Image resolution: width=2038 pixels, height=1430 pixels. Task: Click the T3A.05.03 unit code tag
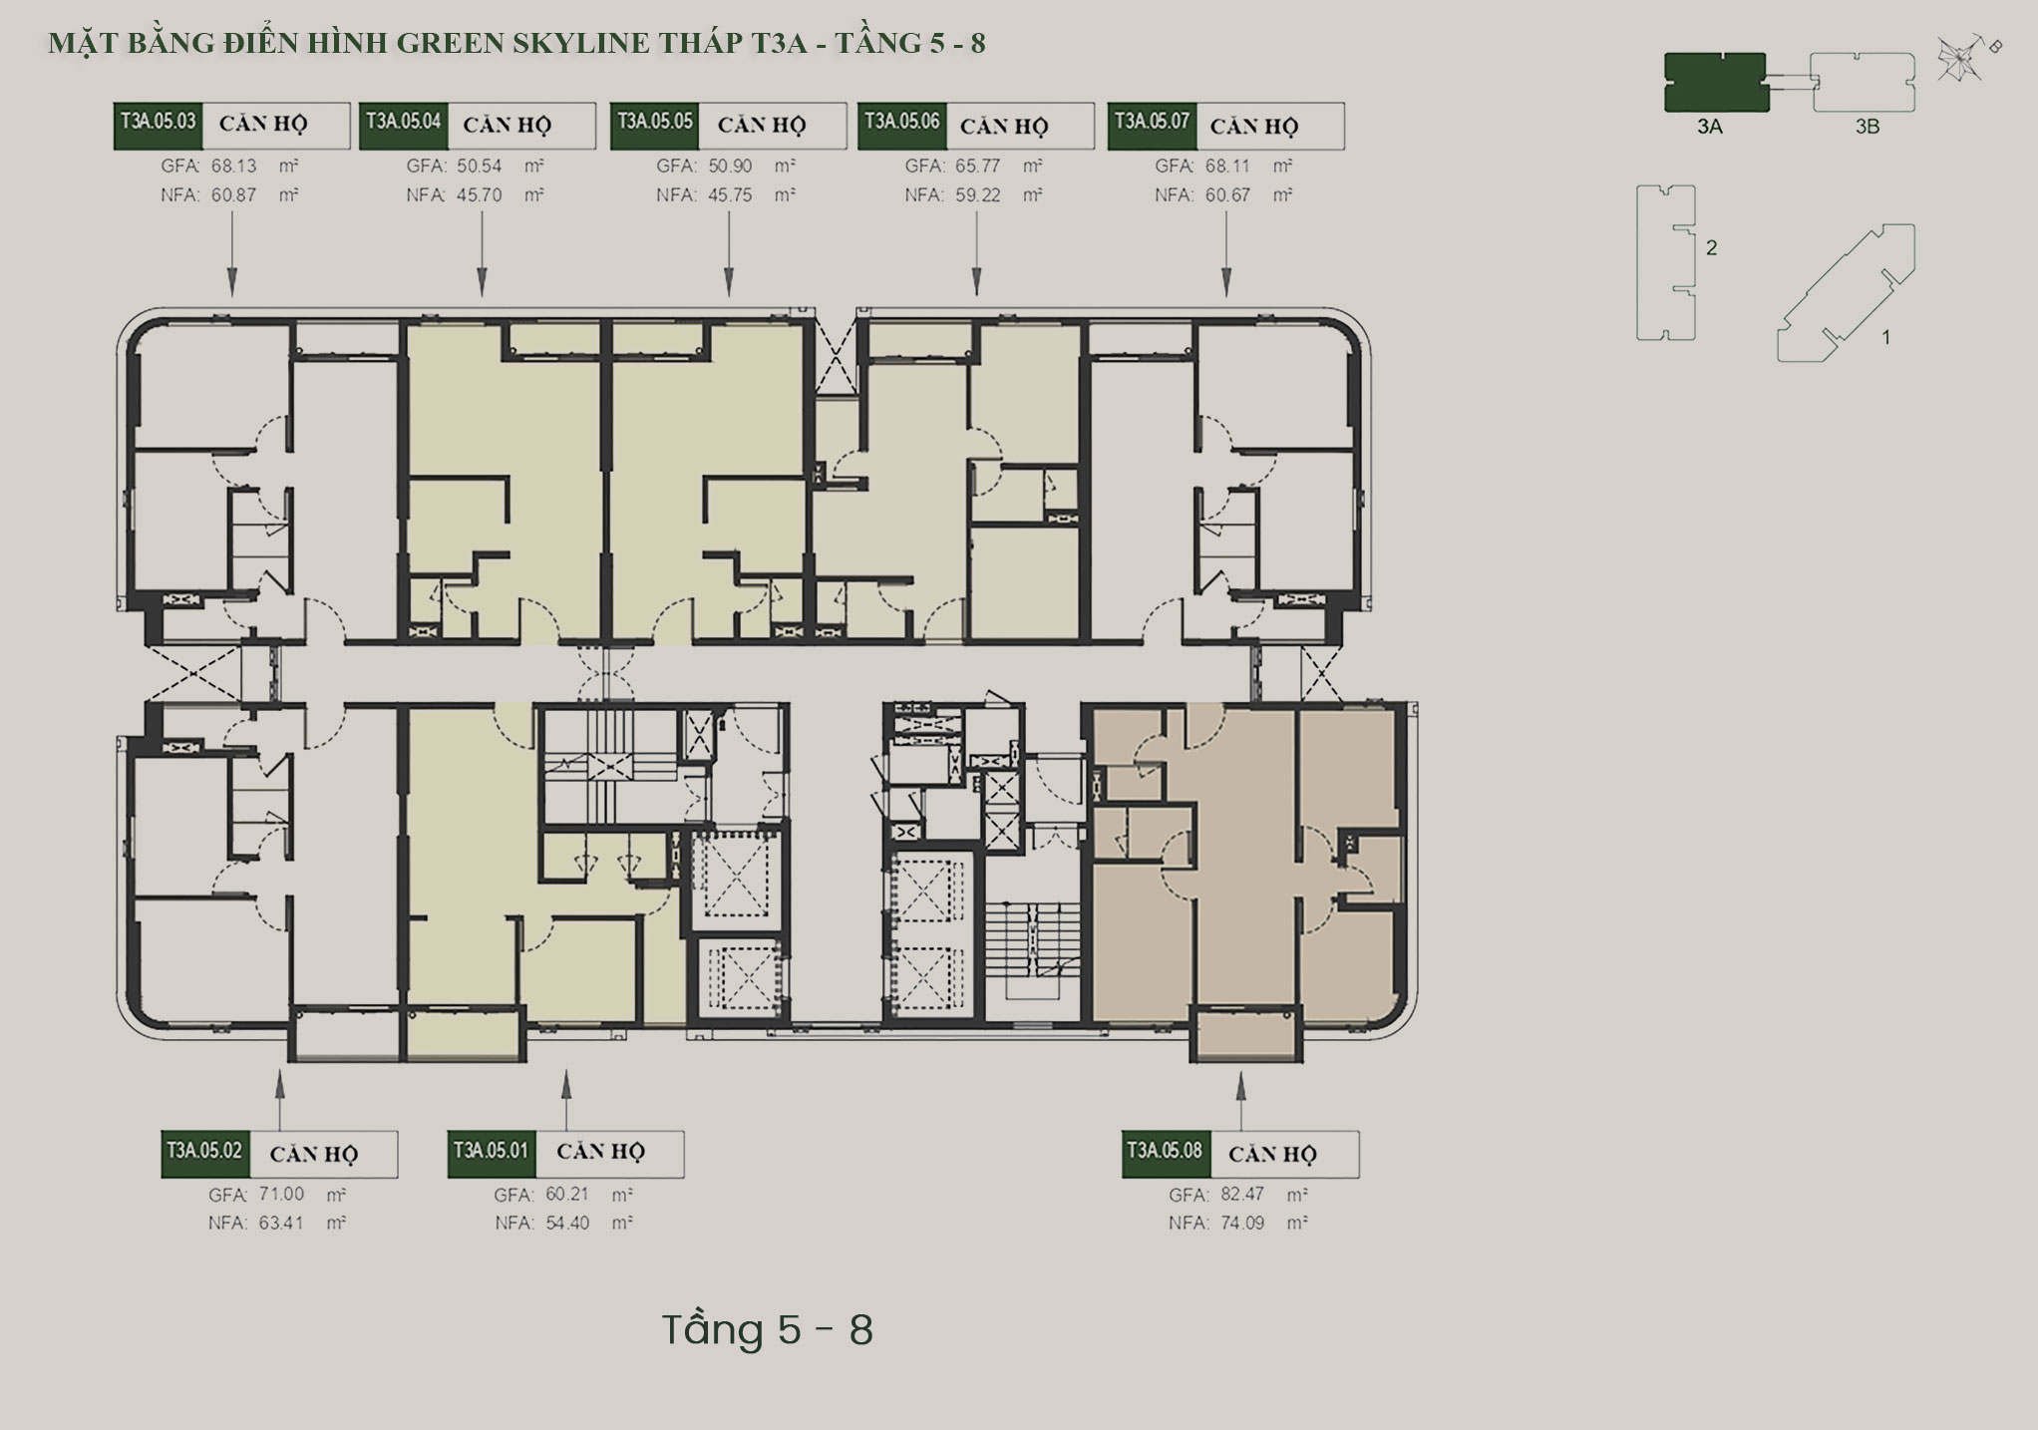158,126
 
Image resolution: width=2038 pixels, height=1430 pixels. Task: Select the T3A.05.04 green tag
404,126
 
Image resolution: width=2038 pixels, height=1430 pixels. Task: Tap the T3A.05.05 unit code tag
654,126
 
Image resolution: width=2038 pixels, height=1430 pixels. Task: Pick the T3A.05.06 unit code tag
901,126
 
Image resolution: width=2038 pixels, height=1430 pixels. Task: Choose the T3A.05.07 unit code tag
1152,126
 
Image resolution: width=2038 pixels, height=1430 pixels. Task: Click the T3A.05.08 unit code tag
1166,1154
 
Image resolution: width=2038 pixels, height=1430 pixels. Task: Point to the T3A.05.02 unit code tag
205,1154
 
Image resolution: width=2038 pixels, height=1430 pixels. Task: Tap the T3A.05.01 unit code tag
492,1154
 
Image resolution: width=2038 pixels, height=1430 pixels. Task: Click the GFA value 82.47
1242,1195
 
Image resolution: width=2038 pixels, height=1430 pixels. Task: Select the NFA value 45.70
480,195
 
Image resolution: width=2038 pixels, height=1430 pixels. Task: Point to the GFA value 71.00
281,1195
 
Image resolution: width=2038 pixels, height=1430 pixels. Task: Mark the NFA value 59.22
978,195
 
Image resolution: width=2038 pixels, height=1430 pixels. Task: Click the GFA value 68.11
1227,167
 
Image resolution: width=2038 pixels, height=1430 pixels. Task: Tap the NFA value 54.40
567,1223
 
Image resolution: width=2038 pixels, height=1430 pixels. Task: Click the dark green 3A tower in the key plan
1715,82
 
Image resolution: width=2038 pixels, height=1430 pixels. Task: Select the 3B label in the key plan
1868,127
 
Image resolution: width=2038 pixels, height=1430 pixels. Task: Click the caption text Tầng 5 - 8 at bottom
768,1330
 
